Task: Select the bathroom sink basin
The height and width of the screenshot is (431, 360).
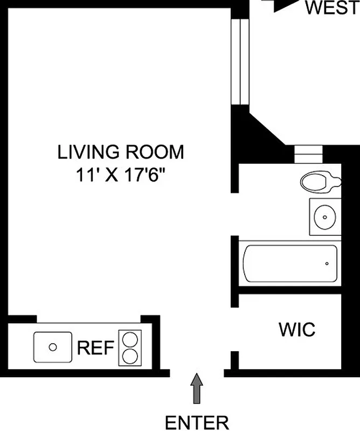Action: (x=325, y=217)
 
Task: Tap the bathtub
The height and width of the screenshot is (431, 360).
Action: (x=290, y=263)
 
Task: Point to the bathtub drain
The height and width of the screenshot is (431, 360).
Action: (x=327, y=263)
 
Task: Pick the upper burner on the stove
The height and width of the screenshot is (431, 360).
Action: (x=130, y=339)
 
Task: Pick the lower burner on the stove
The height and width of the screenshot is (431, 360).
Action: (x=130, y=356)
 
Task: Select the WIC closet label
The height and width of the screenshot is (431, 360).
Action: (x=296, y=329)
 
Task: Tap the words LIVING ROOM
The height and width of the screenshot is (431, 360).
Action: (x=121, y=152)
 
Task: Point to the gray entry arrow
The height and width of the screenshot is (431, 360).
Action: (x=197, y=389)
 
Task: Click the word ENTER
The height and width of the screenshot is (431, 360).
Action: (x=197, y=421)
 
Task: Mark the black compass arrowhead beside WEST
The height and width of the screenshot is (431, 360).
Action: (x=282, y=4)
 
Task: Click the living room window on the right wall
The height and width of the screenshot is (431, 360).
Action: (x=238, y=62)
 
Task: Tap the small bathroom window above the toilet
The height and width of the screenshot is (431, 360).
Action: (x=308, y=154)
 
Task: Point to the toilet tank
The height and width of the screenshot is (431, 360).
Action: (x=337, y=182)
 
